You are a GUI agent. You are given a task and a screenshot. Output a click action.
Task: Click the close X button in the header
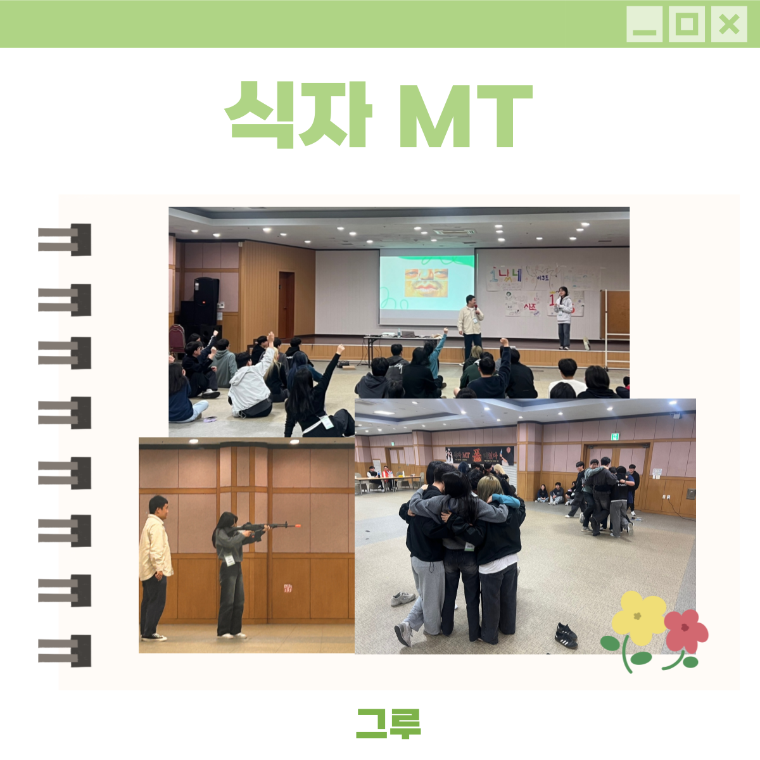(x=729, y=25)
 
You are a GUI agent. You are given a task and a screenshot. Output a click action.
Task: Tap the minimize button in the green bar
(x=644, y=25)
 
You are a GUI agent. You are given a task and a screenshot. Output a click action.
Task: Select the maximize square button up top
(x=687, y=25)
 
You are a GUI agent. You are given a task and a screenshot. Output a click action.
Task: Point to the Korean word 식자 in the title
(x=298, y=115)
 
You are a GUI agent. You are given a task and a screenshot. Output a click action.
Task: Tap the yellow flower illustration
(x=637, y=617)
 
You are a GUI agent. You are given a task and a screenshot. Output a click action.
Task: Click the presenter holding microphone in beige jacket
(x=470, y=323)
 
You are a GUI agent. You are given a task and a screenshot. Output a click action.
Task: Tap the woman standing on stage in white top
(x=563, y=317)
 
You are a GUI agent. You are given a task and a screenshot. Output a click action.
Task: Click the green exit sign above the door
(x=615, y=436)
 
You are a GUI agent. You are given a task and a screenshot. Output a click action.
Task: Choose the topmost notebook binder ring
(x=65, y=239)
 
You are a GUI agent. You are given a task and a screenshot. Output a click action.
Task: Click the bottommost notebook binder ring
(x=65, y=650)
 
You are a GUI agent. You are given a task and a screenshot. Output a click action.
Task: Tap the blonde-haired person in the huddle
(x=490, y=491)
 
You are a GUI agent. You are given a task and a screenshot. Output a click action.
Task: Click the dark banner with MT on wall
(x=479, y=455)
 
